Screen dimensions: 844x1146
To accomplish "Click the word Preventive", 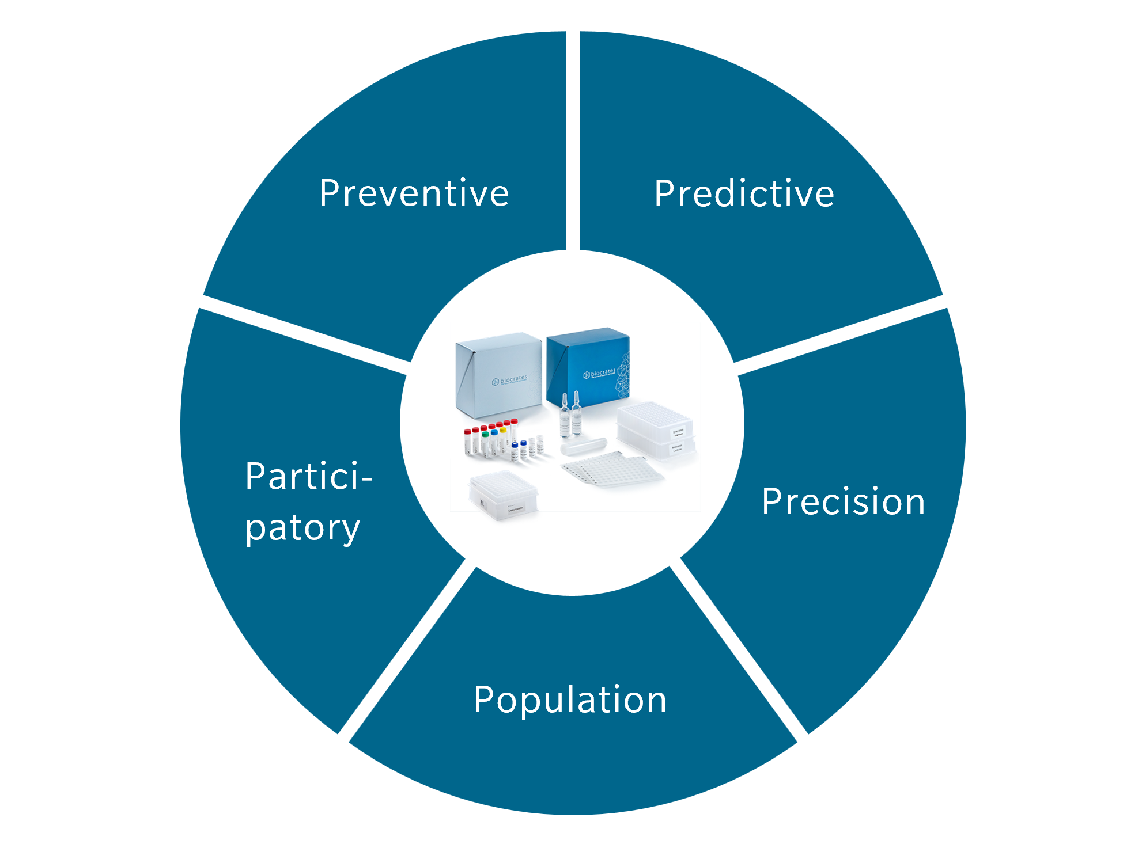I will pyautogui.click(x=414, y=193).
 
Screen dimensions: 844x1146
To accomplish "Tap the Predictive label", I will pyautogui.click(x=744, y=193).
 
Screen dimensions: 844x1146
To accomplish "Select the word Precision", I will pyautogui.click(x=843, y=501).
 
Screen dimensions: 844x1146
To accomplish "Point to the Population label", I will pyautogui.click(x=570, y=700).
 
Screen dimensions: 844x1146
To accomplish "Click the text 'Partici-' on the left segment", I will pyautogui.click(x=309, y=477).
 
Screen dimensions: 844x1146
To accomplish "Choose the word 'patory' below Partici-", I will pyautogui.click(x=302, y=528).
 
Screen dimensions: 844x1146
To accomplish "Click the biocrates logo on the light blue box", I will pyautogui.click(x=509, y=380).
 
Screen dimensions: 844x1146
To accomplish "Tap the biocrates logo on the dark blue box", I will pyautogui.click(x=599, y=374).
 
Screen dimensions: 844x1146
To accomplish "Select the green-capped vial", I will pyautogui.click(x=485, y=442).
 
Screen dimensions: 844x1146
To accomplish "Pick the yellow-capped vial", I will pyautogui.click(x=503, y=439).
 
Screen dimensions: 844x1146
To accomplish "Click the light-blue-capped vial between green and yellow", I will pyautogui.click(x=494, y=441).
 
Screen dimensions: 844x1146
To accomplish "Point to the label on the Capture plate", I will pyautogui.click(x=515, y=509).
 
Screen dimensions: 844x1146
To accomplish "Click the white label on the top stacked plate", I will pyautogui.click(x=678, y=432).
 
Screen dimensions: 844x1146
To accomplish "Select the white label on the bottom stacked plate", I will pyautogui.click(x=677, y=447).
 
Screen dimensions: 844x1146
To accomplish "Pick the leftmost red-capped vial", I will pyautogui.click(x=467, y=442).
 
